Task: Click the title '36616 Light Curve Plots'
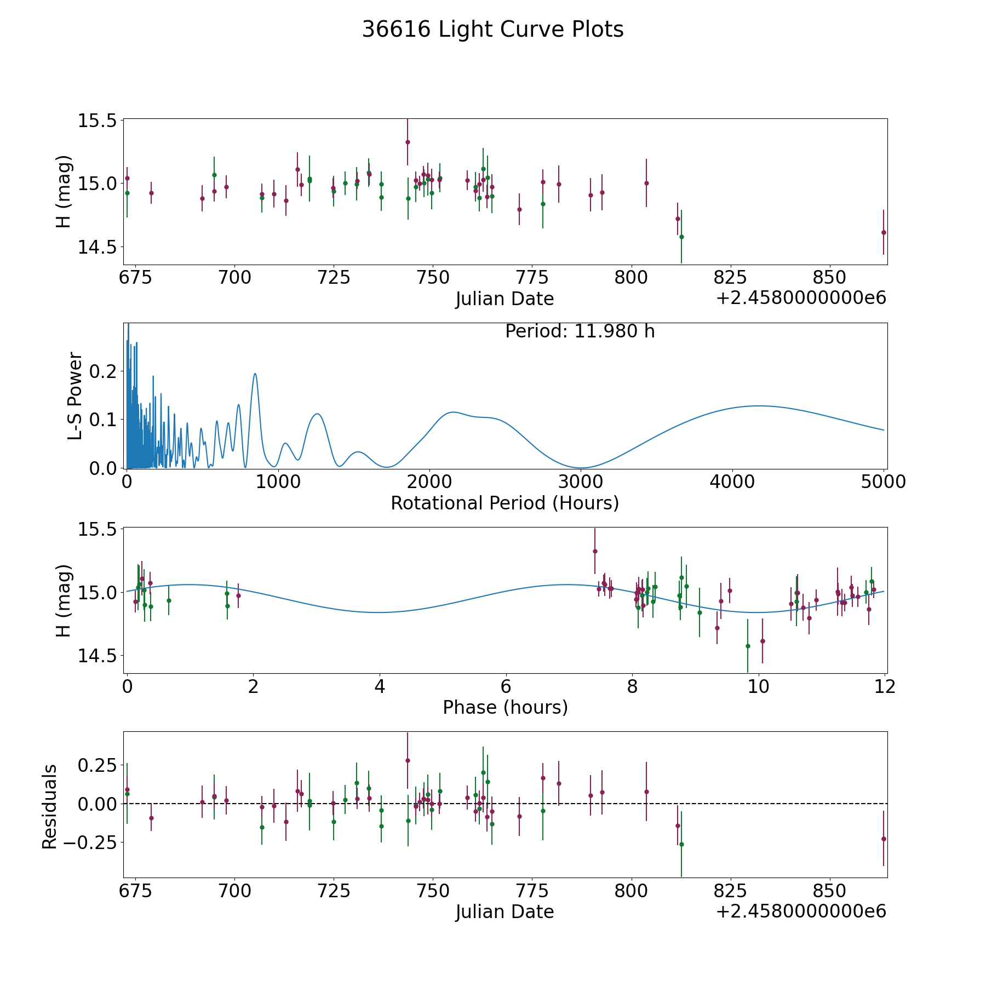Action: click(492, 30)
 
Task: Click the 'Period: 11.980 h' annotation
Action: click(580, 331)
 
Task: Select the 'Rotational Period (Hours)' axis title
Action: click(505, 503)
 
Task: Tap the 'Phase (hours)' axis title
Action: click(505, 707)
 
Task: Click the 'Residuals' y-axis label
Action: click(49, 807)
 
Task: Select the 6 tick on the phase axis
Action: click(506, 686)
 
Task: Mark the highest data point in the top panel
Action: click(408, 142)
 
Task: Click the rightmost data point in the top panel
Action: click(884, 232)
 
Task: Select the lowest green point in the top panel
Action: click(681, 237)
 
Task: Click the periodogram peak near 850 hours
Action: click(255, 374)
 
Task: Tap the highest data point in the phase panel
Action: click(595, 551)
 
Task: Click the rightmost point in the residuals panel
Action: click(884, 839)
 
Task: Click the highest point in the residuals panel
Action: click(408, 760)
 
